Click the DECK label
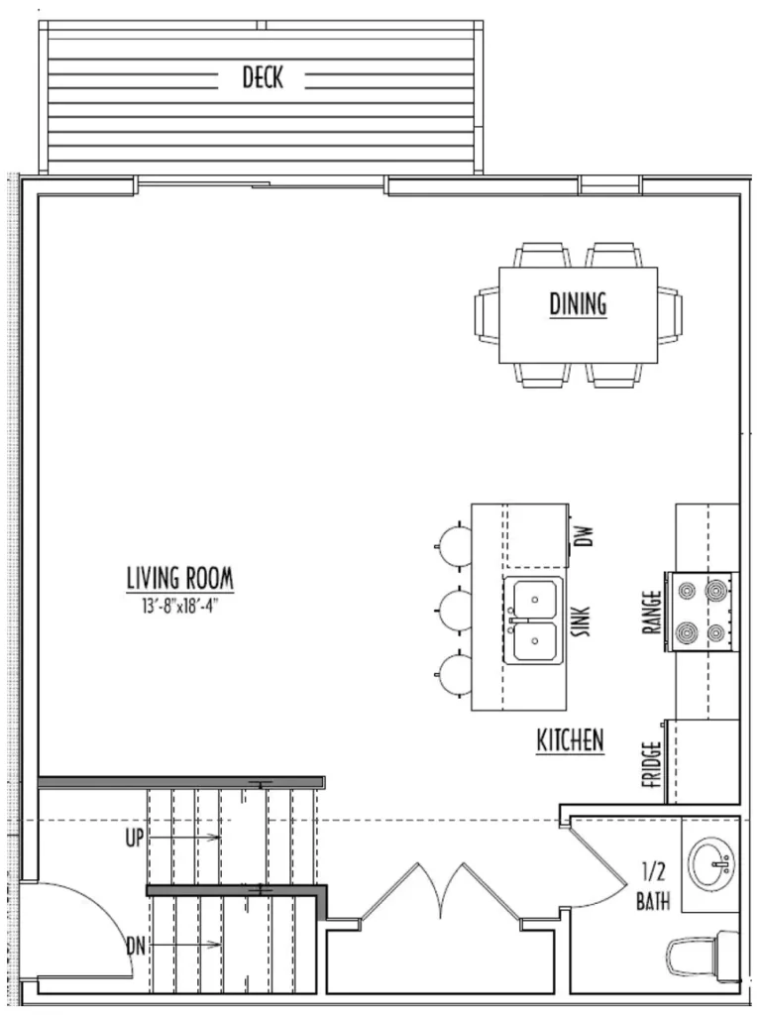coord(263,77)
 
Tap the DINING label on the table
coord(578,303)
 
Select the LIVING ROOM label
coord(180,578)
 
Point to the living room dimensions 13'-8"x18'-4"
coord(177,607)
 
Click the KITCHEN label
coord(570,739)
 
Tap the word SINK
coord(582,621)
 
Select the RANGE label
coord(652,611)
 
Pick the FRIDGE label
coord(652,764)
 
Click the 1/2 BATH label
coord(653,886)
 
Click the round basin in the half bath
coord(711,864)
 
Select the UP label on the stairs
coord(135,838)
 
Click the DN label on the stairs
coord(136,946)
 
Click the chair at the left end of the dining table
coord(487,314)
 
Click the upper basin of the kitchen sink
coord(534,599)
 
